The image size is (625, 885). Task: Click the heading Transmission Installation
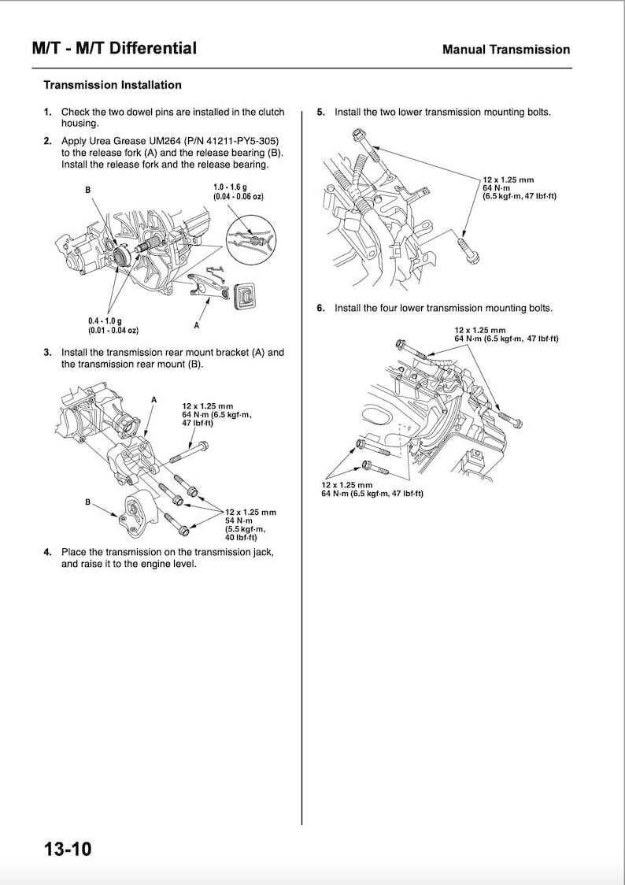point(112,85)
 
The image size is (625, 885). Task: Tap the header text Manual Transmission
point(506,50)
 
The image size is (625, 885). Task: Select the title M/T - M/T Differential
point(114,49)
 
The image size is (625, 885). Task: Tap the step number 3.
point(48,353)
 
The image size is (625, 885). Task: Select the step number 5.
point(320,112)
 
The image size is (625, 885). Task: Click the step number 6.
point(320,308)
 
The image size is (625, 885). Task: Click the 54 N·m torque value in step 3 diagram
point(238,520)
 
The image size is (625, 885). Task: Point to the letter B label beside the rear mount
point(87,502)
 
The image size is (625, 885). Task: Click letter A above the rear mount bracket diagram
point(154,400)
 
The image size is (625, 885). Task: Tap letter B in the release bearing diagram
point(88,190)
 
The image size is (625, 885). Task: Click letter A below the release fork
point(196,324)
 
